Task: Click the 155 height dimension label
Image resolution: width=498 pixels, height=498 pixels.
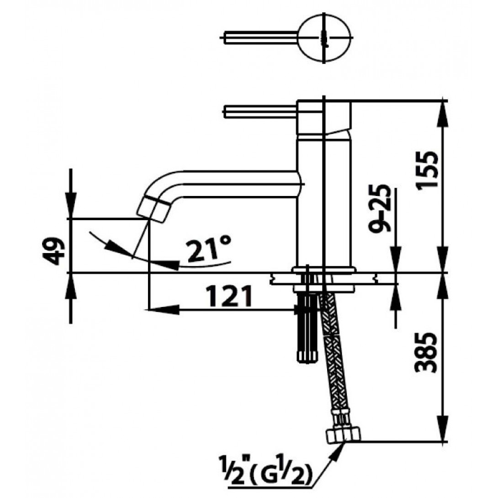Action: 428,169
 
